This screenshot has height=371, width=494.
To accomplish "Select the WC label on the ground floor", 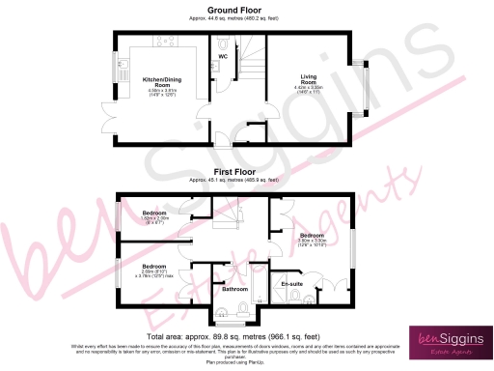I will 222,57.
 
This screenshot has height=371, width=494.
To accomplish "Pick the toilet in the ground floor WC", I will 223,43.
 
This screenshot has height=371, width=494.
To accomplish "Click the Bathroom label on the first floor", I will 235,288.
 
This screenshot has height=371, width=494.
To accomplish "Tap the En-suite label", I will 290,283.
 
